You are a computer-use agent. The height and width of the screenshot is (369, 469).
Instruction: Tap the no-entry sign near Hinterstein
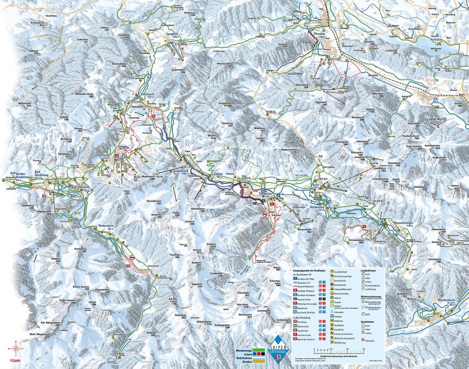pyautogui.click(x=133, y=257)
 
